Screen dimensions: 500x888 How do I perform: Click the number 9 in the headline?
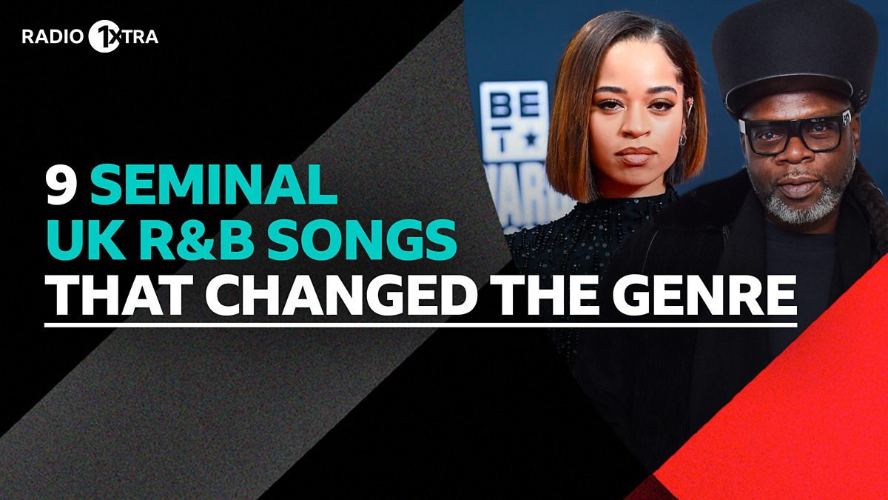tap(61, 188)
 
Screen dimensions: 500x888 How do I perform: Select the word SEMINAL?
tap(214, 188)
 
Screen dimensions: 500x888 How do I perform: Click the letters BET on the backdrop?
tap(514, 111)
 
